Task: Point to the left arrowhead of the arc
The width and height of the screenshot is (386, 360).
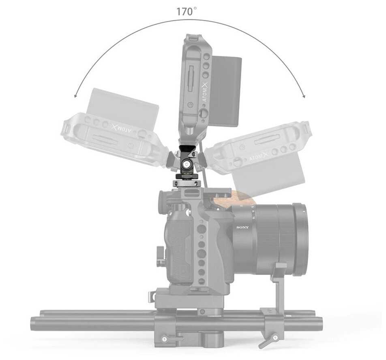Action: click(76, 96)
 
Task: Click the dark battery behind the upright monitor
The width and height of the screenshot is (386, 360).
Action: click(225, 91)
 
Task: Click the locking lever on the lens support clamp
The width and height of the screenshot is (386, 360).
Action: click(267, 341)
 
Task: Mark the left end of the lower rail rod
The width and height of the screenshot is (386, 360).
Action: click(34, 324)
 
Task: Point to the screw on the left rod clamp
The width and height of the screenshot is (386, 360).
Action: click(164, 338)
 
